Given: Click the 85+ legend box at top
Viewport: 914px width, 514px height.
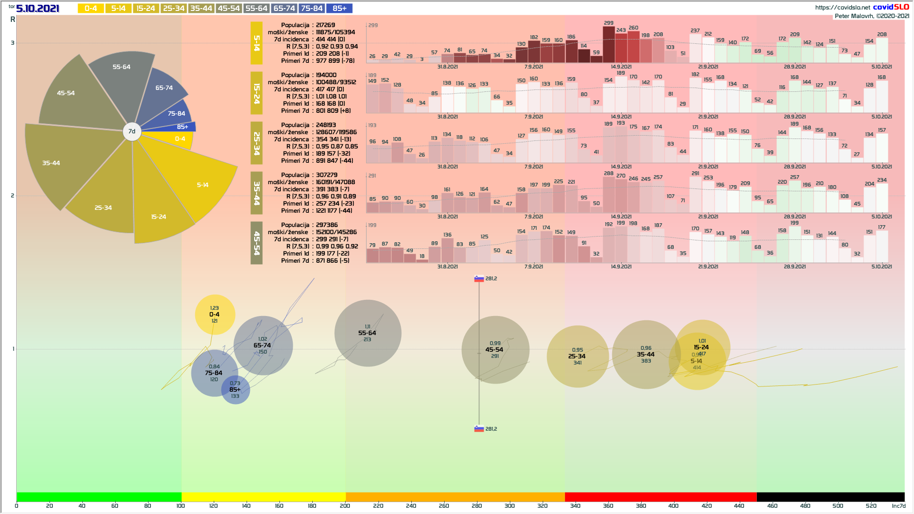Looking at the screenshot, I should point(339,8).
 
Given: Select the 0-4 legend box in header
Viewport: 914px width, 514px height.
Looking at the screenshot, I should point(90,8).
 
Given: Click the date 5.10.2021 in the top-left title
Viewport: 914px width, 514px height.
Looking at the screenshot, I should point(38,8).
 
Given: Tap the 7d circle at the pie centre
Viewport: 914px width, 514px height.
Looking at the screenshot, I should point(132,131).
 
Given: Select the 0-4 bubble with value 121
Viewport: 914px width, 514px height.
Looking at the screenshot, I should point(215,315).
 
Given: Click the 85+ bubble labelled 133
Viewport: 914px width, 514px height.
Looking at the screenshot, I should point(235,390).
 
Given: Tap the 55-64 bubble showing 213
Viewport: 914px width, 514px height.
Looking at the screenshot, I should point(368,333).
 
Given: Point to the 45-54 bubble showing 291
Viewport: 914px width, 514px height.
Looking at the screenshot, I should point(495,350).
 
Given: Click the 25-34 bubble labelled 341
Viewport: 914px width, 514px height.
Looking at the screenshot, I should point(577,356).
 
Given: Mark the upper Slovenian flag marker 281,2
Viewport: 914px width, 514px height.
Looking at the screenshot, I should point(479,279).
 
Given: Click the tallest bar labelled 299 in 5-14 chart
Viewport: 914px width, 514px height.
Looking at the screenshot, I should point(608,44).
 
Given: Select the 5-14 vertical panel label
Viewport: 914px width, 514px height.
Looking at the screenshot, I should point(257,43).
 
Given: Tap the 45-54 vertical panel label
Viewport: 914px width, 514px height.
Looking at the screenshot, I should point(257,243).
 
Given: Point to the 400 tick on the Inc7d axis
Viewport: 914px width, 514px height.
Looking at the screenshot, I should point(673,505).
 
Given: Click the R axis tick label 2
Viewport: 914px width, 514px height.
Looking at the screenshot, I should point(12,196).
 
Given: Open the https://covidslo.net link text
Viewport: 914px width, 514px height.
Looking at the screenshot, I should point(842,7).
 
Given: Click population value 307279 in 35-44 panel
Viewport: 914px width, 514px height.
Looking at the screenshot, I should point(327,175).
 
